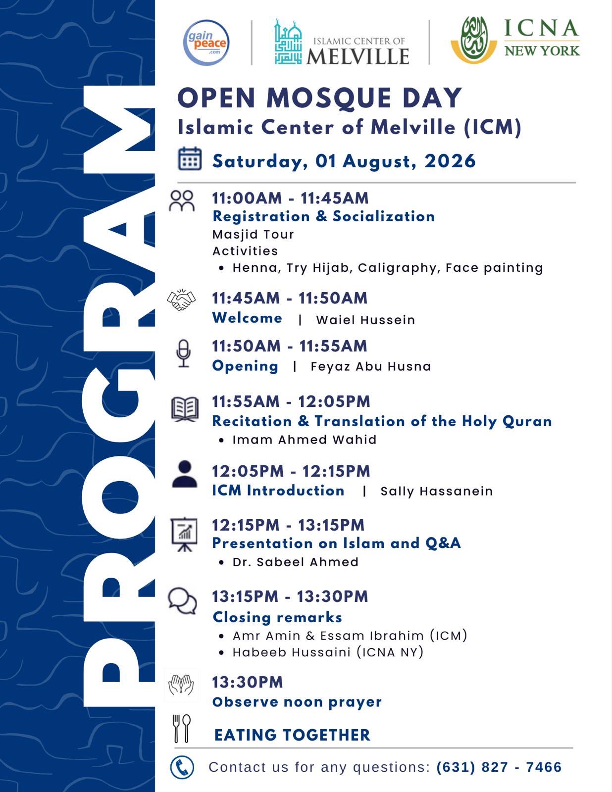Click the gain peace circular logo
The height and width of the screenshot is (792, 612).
tap(206, 43)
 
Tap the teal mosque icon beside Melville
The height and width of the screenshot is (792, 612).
tap(288, 42)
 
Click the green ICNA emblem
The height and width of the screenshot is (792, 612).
tap(474, 40)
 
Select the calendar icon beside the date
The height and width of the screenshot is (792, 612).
tap(190, 158)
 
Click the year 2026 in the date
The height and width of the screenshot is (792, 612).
tap(450, 161)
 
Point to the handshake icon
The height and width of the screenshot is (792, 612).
tap(181, 299)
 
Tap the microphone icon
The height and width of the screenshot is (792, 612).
tap(183, 353)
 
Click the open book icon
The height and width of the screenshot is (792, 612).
tap(185, 409)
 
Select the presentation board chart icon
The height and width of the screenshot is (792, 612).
tap(184, 534)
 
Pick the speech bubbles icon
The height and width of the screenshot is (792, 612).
tap(182, 601)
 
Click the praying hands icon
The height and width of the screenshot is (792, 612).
tap(181, 685)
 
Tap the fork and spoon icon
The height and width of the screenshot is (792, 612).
tap(181, 729)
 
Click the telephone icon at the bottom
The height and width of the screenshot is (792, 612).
tap(182, 767)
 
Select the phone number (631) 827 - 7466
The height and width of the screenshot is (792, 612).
tap(499, 767)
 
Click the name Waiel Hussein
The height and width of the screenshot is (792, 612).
tap(365, 320)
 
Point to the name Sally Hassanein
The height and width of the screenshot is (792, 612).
tap(437, 491)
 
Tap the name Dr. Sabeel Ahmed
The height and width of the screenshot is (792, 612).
tap(296, 562)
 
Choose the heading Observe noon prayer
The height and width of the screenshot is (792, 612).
tap(297, 701)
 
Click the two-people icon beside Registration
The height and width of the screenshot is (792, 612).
tap(182, 201)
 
